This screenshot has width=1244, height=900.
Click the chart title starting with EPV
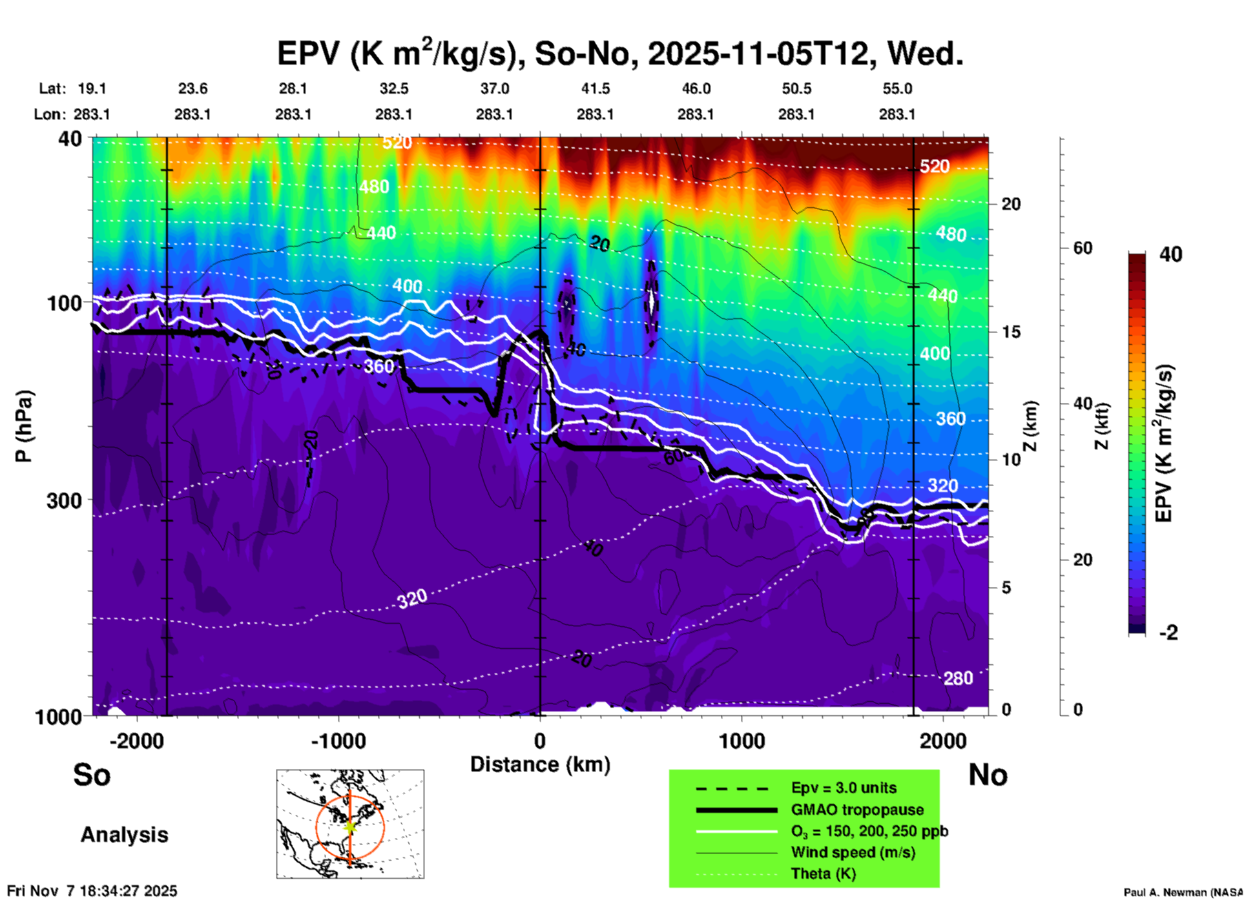[620, 54]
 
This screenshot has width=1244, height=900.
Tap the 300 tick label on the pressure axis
[64, 500]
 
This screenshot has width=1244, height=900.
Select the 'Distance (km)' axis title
[540, 764]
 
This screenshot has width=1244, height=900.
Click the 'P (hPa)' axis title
[23, 426]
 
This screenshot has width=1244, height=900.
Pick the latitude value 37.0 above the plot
[494, 88]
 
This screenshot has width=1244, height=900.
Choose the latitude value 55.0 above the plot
[897, 88]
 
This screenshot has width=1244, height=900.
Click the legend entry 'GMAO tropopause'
[857, 810]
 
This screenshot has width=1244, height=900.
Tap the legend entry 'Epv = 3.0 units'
[844, 788]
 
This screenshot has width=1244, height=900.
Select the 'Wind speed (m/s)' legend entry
[853, 852]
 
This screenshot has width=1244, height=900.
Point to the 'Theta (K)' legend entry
[824, 874]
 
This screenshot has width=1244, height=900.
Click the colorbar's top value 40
[1170, 254]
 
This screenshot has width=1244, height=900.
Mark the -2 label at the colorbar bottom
[1168, 633]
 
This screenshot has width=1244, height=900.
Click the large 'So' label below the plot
[92, 775]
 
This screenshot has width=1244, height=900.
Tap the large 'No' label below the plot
[988, 775]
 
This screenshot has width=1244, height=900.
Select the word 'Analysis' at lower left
[124, 835]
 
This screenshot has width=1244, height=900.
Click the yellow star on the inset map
[349, 826]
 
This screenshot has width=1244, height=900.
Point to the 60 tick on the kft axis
[1083, 248]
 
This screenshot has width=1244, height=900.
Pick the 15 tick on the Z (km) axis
[1011, 332]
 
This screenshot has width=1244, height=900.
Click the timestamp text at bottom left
[92, 891]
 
